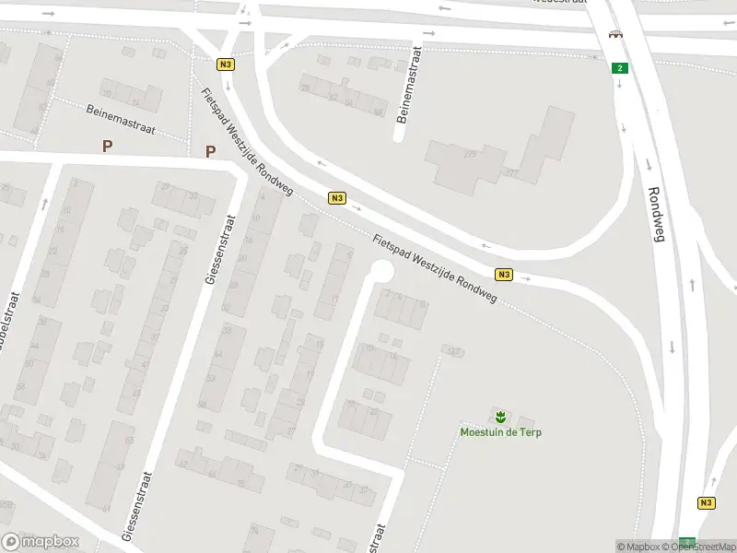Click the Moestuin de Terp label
tap(500, 432)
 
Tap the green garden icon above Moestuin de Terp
tap(500, 417)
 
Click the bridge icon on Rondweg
tap(614, 35)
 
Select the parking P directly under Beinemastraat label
tap(108, 146)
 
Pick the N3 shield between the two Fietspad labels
tap(337, 198)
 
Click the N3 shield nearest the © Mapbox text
tap(706, 502)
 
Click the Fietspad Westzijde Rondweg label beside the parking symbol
tap(247, 142)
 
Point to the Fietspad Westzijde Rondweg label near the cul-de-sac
tap(435, 268)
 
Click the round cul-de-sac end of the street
tap(380, 271)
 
